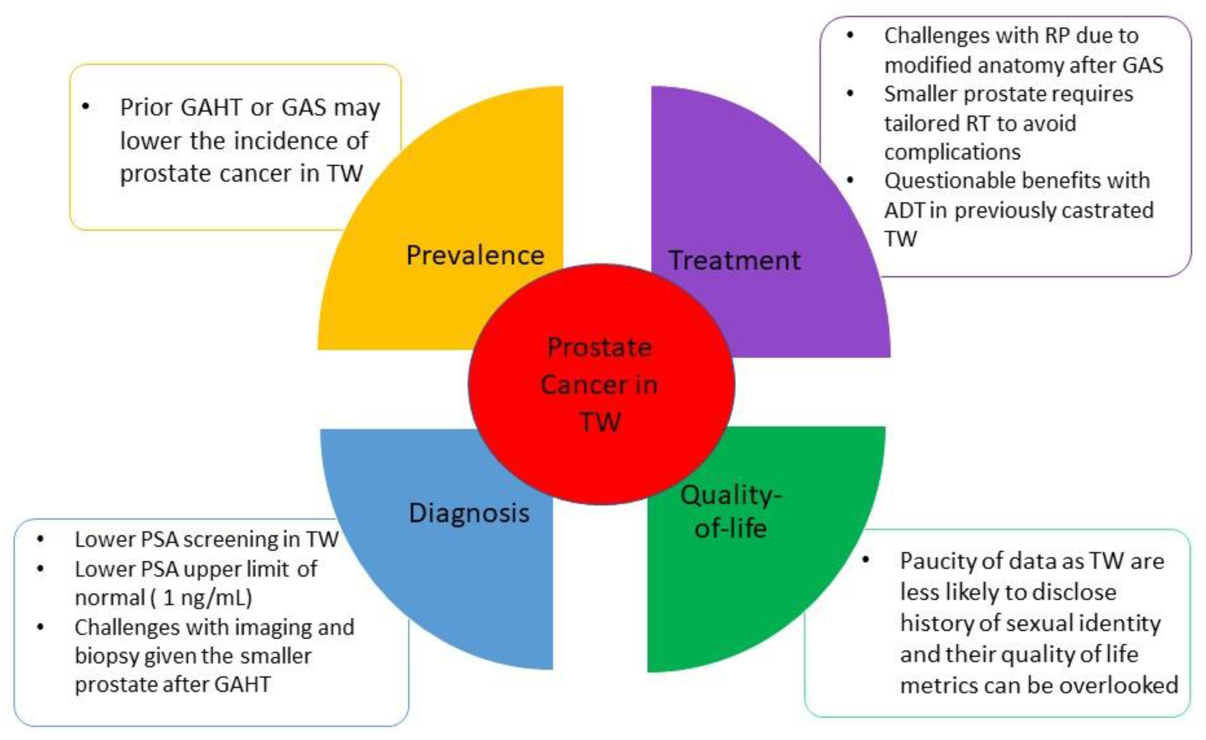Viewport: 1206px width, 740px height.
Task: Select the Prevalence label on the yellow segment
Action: (x=475, y=255)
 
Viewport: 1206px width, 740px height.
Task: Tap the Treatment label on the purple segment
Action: (x=735, y=260)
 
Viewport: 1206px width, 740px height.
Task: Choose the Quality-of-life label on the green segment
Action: (x=731, y=512)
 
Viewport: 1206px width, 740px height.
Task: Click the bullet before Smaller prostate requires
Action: (x=850, y=93)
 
